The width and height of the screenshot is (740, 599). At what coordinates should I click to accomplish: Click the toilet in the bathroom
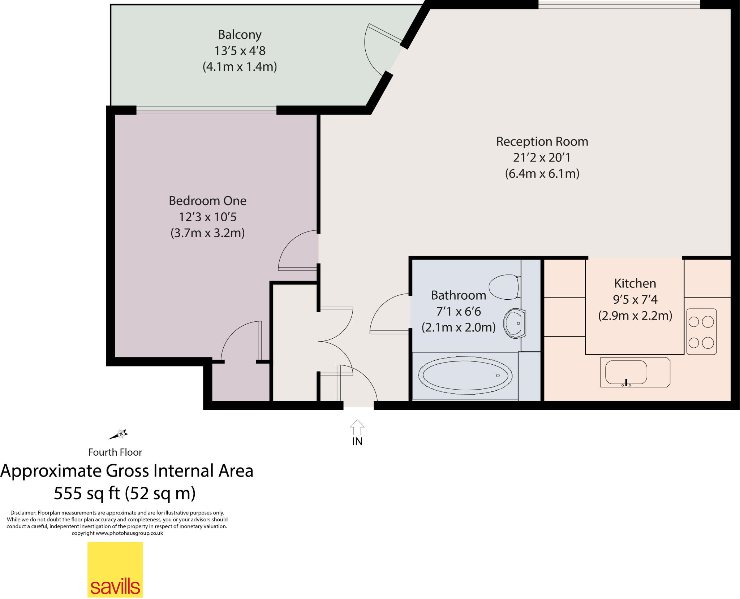point(504,287)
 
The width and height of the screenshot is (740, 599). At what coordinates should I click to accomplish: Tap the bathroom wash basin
point(514,323)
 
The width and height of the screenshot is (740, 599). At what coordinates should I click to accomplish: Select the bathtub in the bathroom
point(465,375)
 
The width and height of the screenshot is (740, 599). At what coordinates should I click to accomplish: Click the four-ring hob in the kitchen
point(701,332)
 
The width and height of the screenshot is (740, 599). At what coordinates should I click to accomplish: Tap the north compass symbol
point(119,434)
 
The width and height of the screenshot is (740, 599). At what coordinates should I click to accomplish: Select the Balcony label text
point(240,35)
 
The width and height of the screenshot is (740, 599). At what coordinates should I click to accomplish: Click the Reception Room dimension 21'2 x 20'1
point(542,157)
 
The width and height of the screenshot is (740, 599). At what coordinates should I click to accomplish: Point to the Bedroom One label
point(207,201)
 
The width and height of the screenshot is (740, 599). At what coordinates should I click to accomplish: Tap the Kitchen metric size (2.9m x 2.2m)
point(635,316)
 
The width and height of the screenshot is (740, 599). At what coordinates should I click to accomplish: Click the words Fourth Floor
point(115,452)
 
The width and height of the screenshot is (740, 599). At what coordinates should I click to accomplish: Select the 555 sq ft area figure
point(87,493)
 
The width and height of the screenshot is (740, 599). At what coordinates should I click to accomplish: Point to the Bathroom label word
point(458,295)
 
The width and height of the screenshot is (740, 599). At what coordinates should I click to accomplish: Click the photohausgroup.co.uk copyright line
point(117,533)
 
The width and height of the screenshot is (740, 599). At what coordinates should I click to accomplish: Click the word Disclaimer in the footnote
point(23,513)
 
